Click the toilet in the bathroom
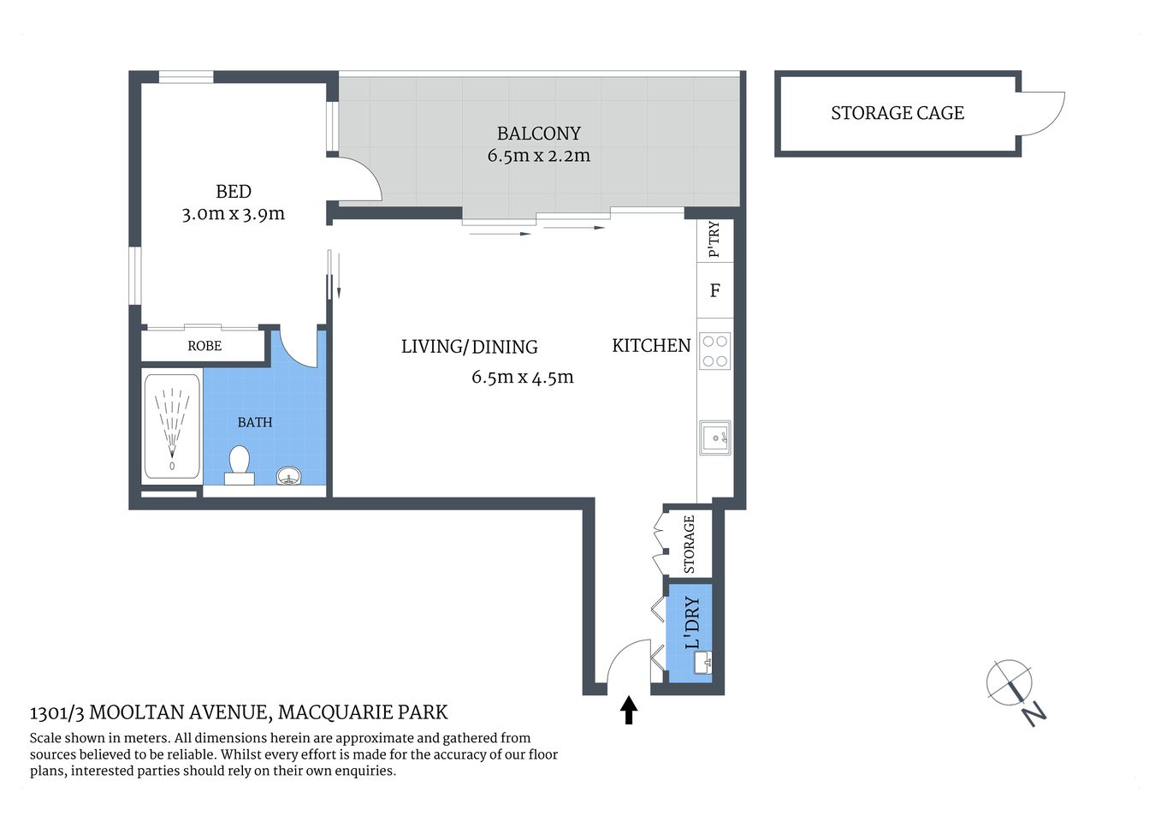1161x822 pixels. (239, 463)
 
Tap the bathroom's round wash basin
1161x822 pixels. (290, 476)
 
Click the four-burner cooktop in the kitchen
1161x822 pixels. (715, 350)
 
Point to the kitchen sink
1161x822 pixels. (714, 438)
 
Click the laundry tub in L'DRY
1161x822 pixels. (702, 662)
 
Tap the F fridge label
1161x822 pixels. (715, 290)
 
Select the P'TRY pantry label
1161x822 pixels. (714, 240)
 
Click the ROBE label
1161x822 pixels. (204, 346)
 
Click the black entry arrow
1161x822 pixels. (629, 710)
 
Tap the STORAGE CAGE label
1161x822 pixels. (897, 113)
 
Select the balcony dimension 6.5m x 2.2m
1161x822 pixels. (538, 156)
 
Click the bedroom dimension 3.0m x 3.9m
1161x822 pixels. (233, 214)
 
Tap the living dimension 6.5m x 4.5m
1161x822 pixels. (522, 377)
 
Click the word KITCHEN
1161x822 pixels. (651, 345)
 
